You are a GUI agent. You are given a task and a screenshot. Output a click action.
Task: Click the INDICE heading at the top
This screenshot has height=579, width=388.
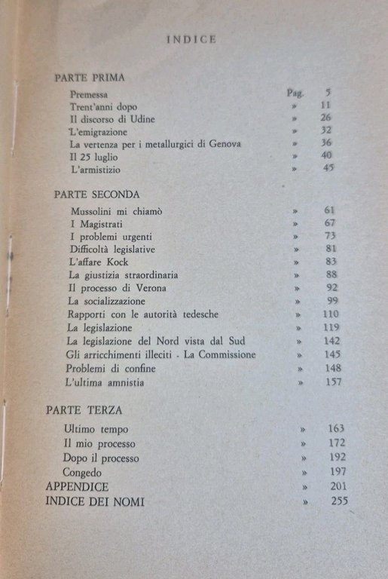[191, 40]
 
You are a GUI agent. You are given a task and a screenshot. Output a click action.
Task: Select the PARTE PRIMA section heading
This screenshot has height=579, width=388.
[90, 78]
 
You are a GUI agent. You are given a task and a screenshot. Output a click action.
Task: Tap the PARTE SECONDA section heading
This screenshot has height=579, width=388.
[97, 194]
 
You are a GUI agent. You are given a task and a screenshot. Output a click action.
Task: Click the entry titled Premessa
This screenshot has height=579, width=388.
[89, 94]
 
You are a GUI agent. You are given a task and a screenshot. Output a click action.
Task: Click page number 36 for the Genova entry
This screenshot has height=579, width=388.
[325, 143]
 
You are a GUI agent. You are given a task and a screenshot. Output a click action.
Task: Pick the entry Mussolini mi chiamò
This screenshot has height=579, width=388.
[112, 210]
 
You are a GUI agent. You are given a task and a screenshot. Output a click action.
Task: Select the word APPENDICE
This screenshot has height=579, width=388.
[77, 486]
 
